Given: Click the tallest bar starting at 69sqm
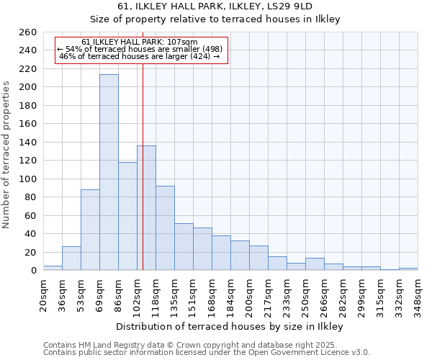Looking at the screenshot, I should click(x=109, y=173).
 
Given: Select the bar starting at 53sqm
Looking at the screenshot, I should click(x=90, y=230).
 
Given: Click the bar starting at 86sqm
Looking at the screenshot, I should click(x=127, y=216).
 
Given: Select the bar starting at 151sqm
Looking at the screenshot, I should click(x=202, y=249).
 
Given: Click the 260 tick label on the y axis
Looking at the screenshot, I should click(x=28, y=32).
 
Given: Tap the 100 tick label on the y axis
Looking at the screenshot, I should click(x=28, y=179).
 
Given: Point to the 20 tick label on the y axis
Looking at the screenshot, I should click(x=31, y=253).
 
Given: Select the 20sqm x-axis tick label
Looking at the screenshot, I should click(x=43, y=294).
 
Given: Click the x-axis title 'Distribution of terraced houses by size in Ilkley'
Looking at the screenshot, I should click(x=229, y=327).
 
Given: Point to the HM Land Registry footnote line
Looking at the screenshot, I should click(x=185, y=345).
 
